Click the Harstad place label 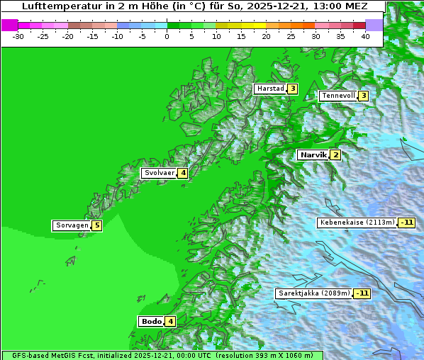tap(270, 89)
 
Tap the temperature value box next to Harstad tap(292, 89)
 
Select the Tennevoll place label tap(337, 96)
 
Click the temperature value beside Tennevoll tap(363, 96)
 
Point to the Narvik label tap(313, 155)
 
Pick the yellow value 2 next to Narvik tap(335, 155)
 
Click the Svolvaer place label tap(159, 173)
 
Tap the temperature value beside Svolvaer tap(182, 173)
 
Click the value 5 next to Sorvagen tap(96, 225)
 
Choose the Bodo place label tap(152, 321)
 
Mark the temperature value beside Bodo tap(171, 321)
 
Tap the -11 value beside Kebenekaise tap(406, 223)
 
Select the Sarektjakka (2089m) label tap(313, 293)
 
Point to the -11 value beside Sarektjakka tap(362, 293)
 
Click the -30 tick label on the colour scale tap(18, 36)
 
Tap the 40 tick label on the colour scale tap(365, 36)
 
